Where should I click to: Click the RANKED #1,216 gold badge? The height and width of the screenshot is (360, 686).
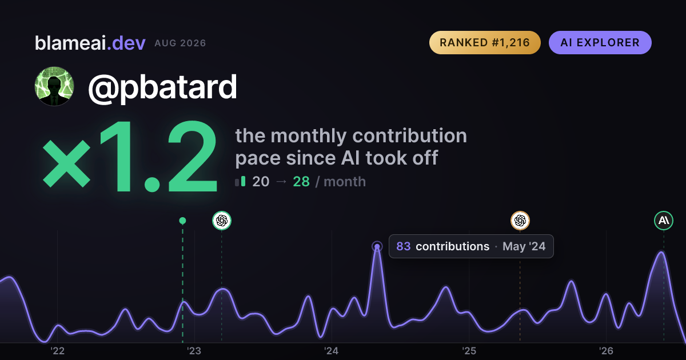pyautogui.click(x=485, y=42)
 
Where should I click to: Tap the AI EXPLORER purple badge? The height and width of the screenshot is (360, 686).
pyautogui.click(x=600, y=42)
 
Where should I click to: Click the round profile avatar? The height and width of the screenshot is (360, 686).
pyautogui.click(x=54, y=86)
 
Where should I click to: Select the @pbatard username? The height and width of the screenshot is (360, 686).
pyautogui.click(x=162, y=87)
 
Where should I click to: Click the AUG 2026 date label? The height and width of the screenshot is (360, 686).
pyautogui.click(x=180, y=43)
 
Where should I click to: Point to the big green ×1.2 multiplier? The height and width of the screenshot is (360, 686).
pyautogui.click(x=130, y=156)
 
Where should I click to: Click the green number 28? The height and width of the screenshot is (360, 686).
pyautogui.click(x=301, y=182)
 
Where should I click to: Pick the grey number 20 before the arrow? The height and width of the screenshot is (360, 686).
pyautogui.click(x=261, y=182)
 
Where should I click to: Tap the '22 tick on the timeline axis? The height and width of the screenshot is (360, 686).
pyautogui.click(x=57, y=351)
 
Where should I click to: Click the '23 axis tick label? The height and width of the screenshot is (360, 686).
pyautogui.click(x=194, y=351)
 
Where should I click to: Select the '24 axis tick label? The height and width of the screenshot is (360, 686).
pyautogui.click(x=332, y=351)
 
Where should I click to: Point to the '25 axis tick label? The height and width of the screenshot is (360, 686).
pyautogui.click(x=469, y=351)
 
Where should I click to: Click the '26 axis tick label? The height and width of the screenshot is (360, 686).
pyautogui.click(x=606, y=351)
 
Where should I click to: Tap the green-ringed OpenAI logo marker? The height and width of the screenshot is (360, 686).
pyautogui.click(x=222, y=221)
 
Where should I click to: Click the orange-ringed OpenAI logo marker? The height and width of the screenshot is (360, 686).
pyautogui.click(x=520, y=221)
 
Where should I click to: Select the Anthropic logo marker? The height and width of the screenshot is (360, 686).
pyautogui.click(x=664, y=221)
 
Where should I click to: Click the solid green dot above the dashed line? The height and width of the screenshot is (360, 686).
pyautogui.click(x=182, y=221)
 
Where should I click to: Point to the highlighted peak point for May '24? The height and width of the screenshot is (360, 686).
pyautogui.click(x=377, y=246)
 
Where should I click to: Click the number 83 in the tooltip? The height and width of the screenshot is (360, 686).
pyautogui.click(x=404, y=246)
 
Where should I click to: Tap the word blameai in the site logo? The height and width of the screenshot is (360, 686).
pyautogui.click(x=70, y=43)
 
